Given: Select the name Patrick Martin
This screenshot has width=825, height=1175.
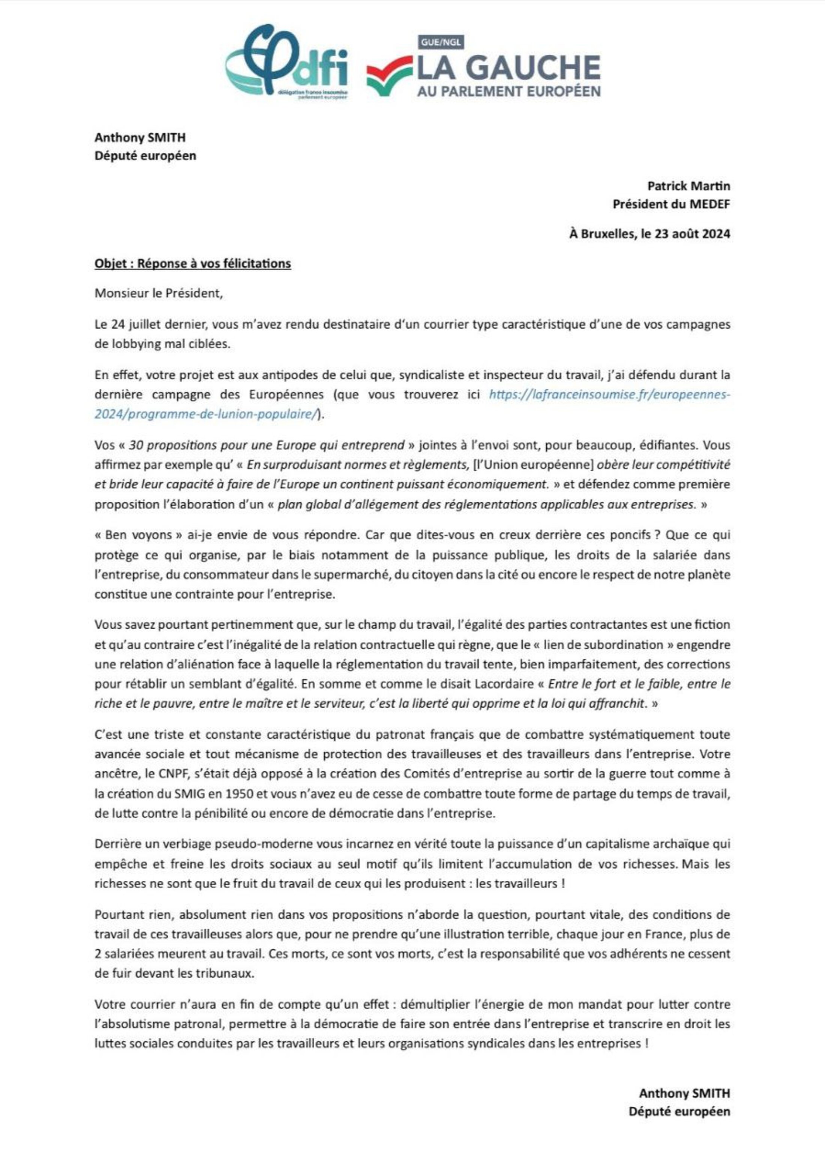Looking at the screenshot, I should click(x=688, y=185).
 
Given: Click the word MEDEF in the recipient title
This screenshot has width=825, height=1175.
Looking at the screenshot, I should click(x=709, y=204).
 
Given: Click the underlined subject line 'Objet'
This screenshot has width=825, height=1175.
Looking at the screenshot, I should click(x=192, y=264).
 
